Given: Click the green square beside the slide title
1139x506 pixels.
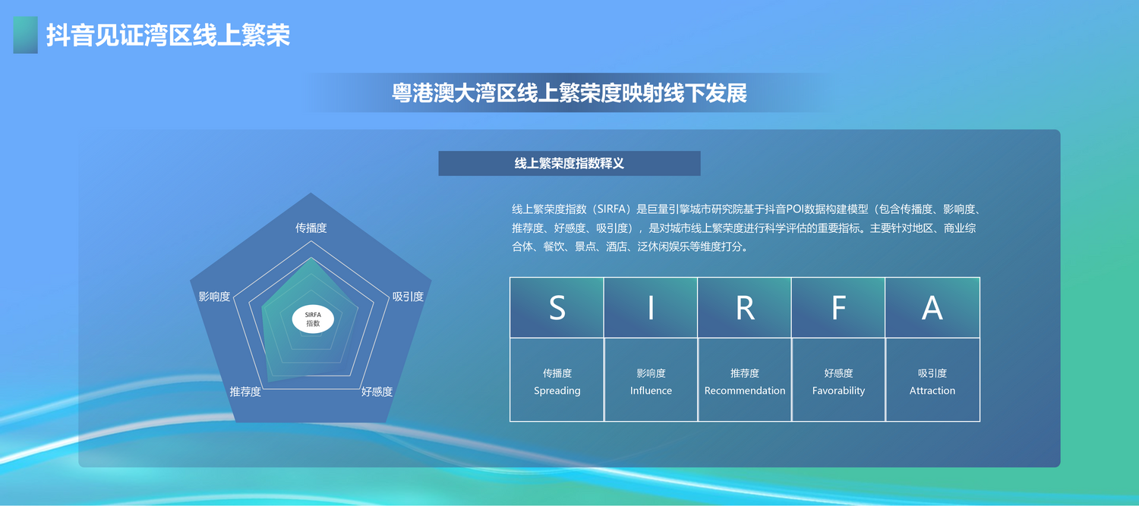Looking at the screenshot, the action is [x=25, y=35].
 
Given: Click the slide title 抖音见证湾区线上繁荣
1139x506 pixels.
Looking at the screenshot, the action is [x=169, y=35].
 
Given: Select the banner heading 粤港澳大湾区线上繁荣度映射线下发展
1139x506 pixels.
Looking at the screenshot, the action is [x=569, y=93].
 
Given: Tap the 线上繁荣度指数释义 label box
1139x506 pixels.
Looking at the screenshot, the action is [x=569, y=163].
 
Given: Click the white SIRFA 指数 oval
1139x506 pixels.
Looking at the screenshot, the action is [x=313, y=319].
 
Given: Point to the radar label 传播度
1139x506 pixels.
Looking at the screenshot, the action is [x=311, y=228].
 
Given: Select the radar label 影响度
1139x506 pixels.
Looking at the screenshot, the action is [x=214, y=296].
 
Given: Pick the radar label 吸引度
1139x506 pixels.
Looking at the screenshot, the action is [x=408, y=296].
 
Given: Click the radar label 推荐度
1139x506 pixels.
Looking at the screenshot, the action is [x=245, y=391].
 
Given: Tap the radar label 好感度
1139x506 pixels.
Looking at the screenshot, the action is [x=377, y=391].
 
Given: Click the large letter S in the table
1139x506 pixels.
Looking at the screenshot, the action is [x=557, y=308].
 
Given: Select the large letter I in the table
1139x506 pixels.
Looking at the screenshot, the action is [x=651, y=308].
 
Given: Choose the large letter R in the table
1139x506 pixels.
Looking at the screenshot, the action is [x=745, y=308].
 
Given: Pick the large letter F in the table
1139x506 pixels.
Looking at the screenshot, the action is [x=838, y=308].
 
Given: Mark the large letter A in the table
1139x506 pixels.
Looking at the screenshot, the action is [x=932, y=308].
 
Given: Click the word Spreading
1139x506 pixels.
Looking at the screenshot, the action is [x=557, y=391].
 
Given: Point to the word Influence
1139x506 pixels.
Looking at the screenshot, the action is [x=651, y=391].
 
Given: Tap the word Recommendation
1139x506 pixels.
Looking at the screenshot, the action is [x=745, y=391].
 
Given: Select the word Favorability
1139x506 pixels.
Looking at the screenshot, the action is [x=838, y=391].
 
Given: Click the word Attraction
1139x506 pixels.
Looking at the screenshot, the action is [x=932, y=391].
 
